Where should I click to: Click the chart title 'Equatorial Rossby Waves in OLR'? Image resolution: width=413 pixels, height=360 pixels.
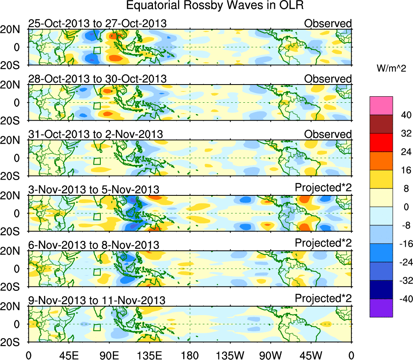tap(214, 6)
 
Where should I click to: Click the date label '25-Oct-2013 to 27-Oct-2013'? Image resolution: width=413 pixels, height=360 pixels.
tap(97, 23)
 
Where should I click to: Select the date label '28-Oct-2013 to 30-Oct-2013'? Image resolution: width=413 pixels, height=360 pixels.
tap(97, 79)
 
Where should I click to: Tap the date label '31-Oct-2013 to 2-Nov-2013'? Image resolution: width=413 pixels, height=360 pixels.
tap(95, 134)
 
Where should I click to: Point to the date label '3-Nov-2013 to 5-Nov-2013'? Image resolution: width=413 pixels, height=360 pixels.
tap(93, 190)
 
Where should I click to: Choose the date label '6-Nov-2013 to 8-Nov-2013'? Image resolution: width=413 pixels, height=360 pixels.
tap(93, 245)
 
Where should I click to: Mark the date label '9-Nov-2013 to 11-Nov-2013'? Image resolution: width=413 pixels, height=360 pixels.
tap(97, 301)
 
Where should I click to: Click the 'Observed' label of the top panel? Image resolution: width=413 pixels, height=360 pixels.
tap(328, 23)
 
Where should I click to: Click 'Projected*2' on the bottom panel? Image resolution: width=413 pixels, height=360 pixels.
tap(323, 299)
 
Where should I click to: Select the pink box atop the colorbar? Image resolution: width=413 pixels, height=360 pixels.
tap(381, 106)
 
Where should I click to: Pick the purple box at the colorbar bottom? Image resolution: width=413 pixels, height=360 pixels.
tap(381, 308)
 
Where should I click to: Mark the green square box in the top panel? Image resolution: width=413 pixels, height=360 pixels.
tap(97, 51)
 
